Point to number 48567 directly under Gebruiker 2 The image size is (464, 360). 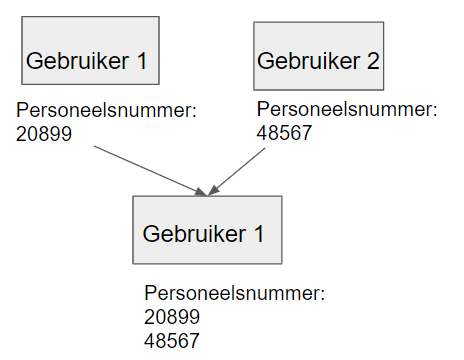pyautogui.click(x=285, y=129)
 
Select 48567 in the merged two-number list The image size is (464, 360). pyautogui.click(x=172, y=339)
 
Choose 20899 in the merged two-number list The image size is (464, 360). pyautogui.click(x=172, y=317)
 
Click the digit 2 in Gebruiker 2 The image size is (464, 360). pyautogui.click(x=373, y=61)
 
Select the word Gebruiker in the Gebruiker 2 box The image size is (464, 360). pyautogui.click(x=308, y=61)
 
